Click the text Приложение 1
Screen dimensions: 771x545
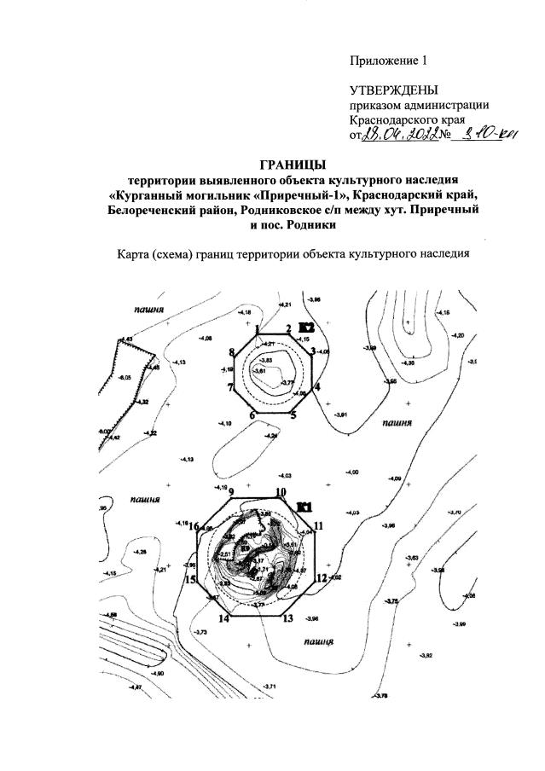(386, 61)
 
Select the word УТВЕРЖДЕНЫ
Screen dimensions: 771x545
(393, 90)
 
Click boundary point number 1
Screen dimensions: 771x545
(257, 328)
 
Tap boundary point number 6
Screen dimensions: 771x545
(252, 415)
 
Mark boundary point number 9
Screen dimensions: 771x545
(230, 492)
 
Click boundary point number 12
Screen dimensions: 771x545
(321, 577)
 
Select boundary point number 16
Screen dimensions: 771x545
(194, 526)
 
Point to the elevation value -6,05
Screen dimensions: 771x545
(125, 378)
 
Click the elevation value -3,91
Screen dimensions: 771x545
(341, 414)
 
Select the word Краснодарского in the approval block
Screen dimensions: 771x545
(393, 120)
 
